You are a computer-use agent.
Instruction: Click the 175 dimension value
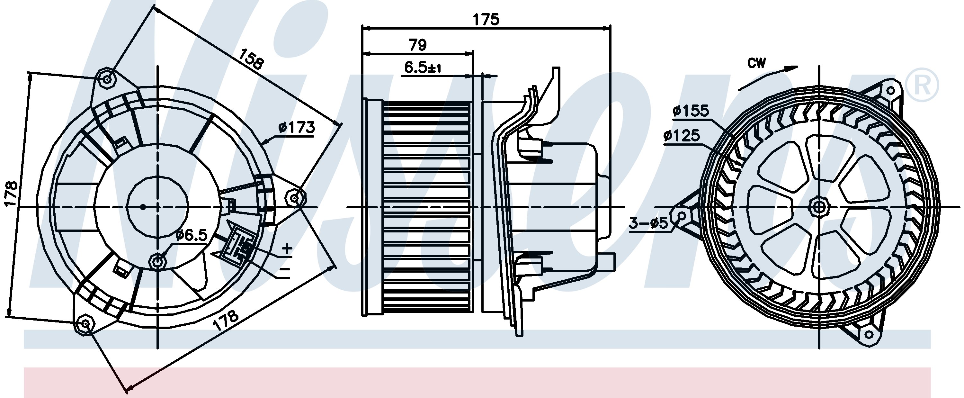[x=486, y=20]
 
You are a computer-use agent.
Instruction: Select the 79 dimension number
[x=418, y=45]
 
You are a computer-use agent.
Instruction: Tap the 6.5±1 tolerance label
[x=423, y=68]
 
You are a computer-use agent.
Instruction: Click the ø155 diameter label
[x=691, y=111]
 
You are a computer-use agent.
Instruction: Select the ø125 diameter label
[x=682, y=136]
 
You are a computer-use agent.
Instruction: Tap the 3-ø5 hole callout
[x=648, y=223]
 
